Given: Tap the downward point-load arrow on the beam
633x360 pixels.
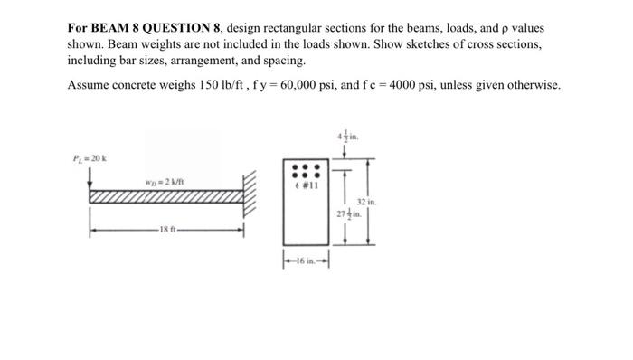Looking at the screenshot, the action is [x=89, y=182].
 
